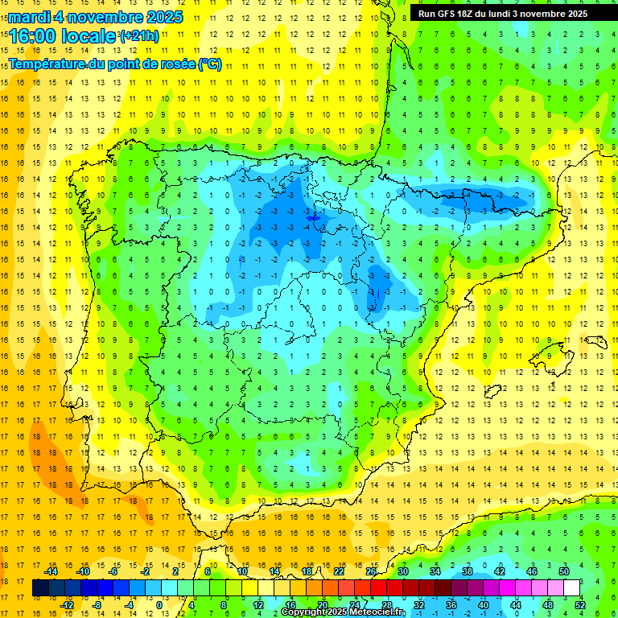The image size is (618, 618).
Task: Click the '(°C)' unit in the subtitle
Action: (210, 64)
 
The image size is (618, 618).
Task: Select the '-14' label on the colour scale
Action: (51, 571)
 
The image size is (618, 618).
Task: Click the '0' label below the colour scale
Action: (159, 605)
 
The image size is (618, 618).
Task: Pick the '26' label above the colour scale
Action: (371, 571)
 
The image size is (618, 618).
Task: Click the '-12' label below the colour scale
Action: (67, 605)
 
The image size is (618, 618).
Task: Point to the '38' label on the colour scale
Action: (468, 571)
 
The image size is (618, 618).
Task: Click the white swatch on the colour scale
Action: (571, 588)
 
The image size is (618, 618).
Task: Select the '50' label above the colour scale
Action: (564, 571)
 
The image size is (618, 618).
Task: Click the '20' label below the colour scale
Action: (322, 605)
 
